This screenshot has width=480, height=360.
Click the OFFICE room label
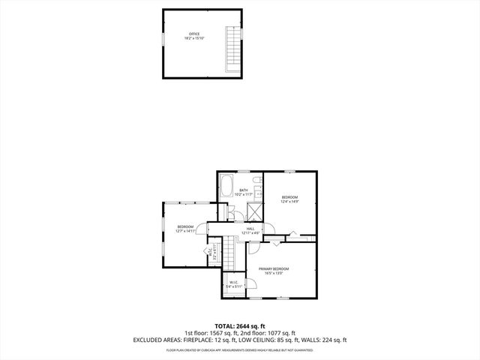[x=194, y=33]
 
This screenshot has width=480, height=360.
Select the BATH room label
[x=244, y=190]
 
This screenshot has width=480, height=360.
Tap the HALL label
[x=250, y=228]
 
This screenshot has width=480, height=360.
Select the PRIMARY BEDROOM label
[x=274, y=268]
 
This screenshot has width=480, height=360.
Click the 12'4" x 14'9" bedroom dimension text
[x=289, y=201]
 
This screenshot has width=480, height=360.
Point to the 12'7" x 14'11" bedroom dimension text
[x=186, y=232]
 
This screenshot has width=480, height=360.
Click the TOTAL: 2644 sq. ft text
[x=240, y=325]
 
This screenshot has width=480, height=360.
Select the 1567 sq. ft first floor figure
[x=222, y=333]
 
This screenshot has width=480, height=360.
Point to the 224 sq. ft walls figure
[x=334, y=340]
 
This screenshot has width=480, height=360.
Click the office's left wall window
[x=162, y=38]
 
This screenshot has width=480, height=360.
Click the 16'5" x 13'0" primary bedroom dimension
[x=274, y=273]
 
